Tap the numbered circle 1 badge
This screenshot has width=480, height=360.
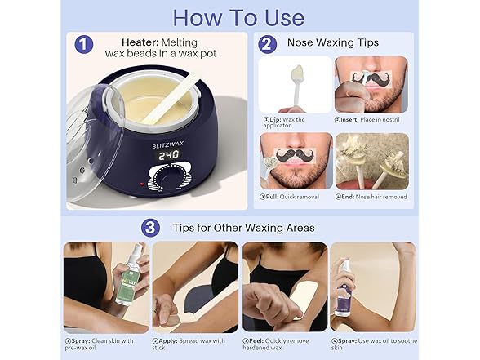coord(84,44)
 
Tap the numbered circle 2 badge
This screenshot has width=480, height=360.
coord(267,44)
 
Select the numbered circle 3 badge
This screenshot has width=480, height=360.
coord(150,226)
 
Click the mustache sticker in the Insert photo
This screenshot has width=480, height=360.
coord(369,78)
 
